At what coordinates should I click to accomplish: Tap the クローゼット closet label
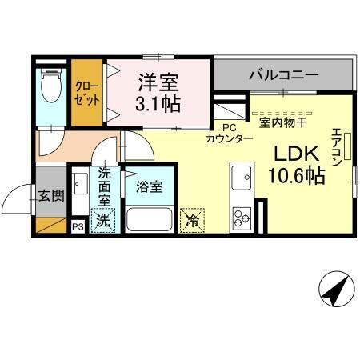tap(87, 94)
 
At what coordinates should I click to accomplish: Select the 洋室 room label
tap(157, 82)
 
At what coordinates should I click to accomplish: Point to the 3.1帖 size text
tap(158, 102)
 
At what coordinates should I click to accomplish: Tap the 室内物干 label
tap(285, 122)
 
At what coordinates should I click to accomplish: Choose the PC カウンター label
tap(230, 133)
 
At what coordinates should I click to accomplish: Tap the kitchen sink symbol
tap(241, 178)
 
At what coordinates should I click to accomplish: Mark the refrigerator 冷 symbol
tap(192, 218)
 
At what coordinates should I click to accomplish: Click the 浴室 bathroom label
tap(148, 187)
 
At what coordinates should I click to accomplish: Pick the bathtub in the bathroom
tap(149, 218)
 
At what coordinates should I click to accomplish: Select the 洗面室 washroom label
tap(105, 186)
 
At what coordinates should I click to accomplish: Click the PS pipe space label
tap(78, 227)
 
